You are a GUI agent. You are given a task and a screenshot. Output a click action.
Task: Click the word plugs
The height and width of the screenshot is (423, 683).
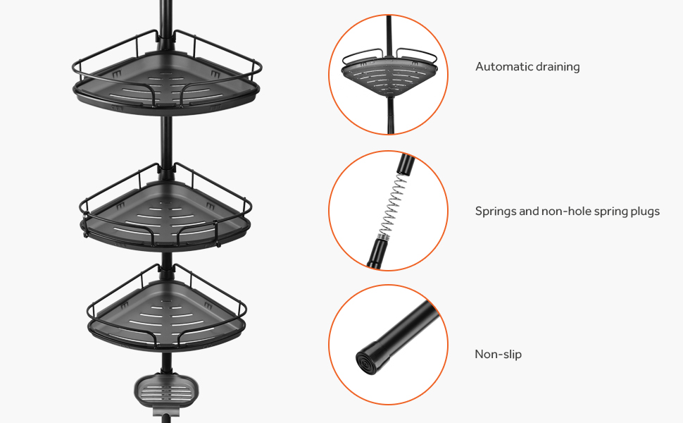pyautogui.click(x=644, y=211)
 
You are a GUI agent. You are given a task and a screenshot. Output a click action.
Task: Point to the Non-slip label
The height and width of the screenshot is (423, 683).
pyautogui.click(x=498, y=354)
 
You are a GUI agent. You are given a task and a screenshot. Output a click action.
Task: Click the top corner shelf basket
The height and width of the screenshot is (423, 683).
pyautogui.click(x=166, y=81)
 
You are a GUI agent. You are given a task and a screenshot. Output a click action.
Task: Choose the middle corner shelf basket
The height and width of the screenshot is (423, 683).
pyautogui.click(x=166, y=211)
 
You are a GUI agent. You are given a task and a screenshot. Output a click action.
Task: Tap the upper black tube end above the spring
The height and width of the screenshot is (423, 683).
pyautogui.click(x=405, y=167)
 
